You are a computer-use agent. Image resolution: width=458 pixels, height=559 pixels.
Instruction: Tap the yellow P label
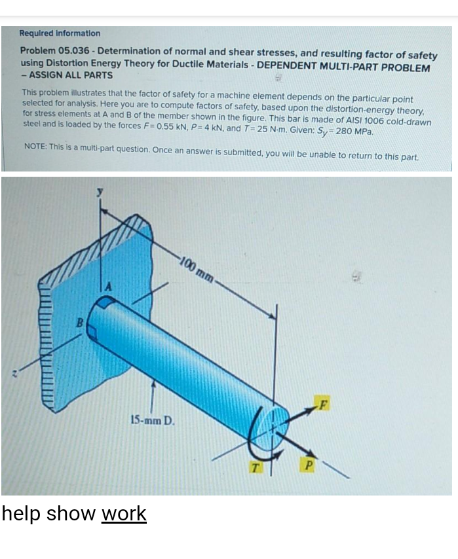[309, 465]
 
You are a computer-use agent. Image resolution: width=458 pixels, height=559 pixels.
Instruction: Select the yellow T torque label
[255, 467]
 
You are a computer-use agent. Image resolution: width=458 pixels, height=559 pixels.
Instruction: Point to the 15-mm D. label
[153, 421]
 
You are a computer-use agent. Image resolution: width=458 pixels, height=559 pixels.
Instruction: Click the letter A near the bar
[109, 287]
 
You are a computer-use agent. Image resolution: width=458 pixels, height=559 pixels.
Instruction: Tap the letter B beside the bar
[81, 323]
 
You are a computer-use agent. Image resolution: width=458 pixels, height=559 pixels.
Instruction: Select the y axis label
[101, 191]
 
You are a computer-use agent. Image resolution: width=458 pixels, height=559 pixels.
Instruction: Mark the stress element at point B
[92, 333]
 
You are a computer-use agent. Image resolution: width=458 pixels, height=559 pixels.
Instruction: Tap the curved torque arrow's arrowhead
[279, 454]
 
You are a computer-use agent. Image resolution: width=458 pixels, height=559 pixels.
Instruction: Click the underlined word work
[124, 513]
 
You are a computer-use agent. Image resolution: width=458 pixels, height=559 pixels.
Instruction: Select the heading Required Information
[60, 33]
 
